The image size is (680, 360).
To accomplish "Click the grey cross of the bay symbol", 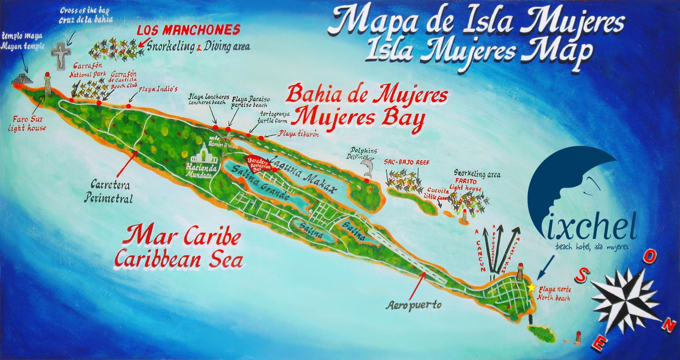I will click(60, 56).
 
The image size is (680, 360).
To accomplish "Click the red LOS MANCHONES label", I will click(188, 30).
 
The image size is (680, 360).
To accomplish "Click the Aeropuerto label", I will click(414, 305).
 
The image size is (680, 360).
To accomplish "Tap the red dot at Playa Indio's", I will click(128, 106).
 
